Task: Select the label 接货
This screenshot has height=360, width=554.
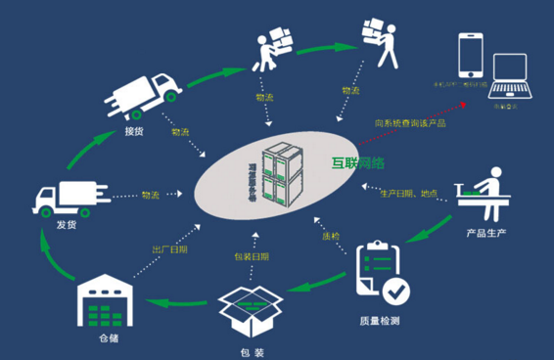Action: pos(138,131)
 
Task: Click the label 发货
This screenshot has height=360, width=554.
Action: pos(54,227)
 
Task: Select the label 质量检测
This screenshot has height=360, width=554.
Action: pos(378,321)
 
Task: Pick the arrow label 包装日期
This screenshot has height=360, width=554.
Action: pos(253,256)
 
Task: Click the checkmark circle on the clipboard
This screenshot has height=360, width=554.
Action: pos(396,291)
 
